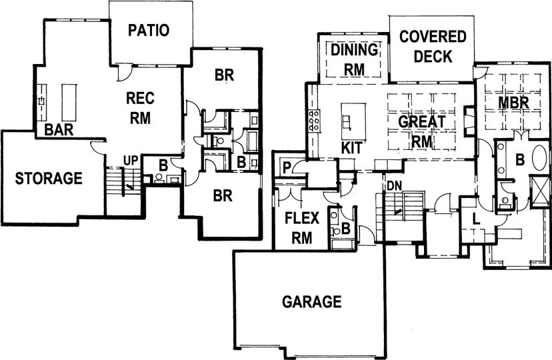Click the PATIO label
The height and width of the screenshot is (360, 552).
[149, 30]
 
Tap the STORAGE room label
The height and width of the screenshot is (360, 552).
[49, 179]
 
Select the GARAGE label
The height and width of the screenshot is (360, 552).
[312, 302]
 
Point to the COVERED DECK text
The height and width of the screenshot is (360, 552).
[433, 47]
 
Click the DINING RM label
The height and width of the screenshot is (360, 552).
[354, 60]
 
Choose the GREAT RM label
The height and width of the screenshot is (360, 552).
[422, 131]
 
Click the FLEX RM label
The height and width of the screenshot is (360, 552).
[302, 228]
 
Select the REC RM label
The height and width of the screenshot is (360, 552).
[140, 108]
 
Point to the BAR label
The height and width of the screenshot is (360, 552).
[59, 130]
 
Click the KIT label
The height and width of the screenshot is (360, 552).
[352, 148]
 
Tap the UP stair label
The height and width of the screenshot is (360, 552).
[131, 161]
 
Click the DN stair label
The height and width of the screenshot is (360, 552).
[394, 186]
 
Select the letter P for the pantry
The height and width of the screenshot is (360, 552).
[287, 168]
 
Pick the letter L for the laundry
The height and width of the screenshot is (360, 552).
[476, 219]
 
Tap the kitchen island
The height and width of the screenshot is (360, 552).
[353, 121]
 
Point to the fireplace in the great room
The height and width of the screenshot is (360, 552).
[469, 121]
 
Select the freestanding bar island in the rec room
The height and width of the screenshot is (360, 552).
[69, 102]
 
